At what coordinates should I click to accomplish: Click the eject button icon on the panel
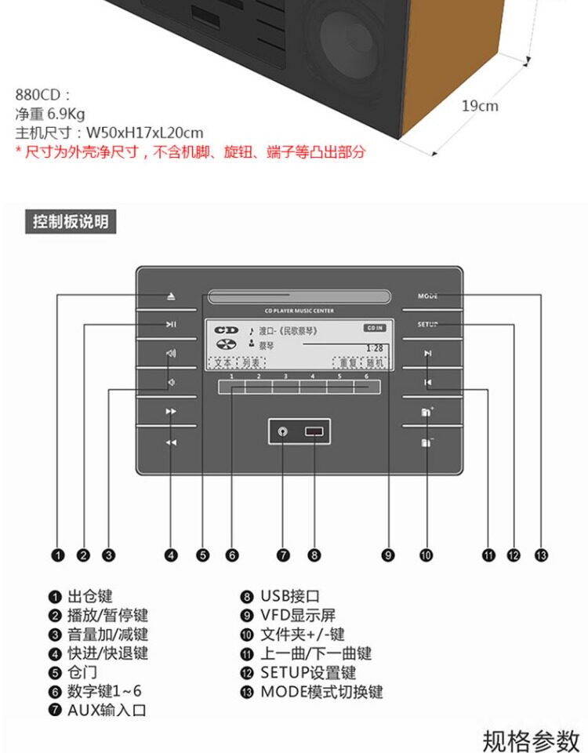click(x=171, y=297)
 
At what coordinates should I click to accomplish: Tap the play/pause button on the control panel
click(x=171, y=325)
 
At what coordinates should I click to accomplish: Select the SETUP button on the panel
click(x=427, y=325)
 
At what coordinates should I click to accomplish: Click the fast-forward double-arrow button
click(x=171, y=411)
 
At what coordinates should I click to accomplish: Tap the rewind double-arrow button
click(x=171, y=442)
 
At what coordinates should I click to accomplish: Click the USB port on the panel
click(x=314, y=431)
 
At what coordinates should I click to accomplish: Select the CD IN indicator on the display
click(x=375, y=327)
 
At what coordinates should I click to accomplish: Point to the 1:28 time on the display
click(x=374, y=348)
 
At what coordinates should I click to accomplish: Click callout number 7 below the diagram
click(x=284, y=555)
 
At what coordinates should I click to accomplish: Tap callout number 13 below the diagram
click(x=540, y=555)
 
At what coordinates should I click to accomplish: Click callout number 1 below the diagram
click(x=57, y=555)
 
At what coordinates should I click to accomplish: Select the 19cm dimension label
click(x=479, y=105)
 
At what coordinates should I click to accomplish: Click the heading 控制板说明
click(x=71, y=222)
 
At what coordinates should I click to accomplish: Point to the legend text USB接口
click(x=290, y=597)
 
